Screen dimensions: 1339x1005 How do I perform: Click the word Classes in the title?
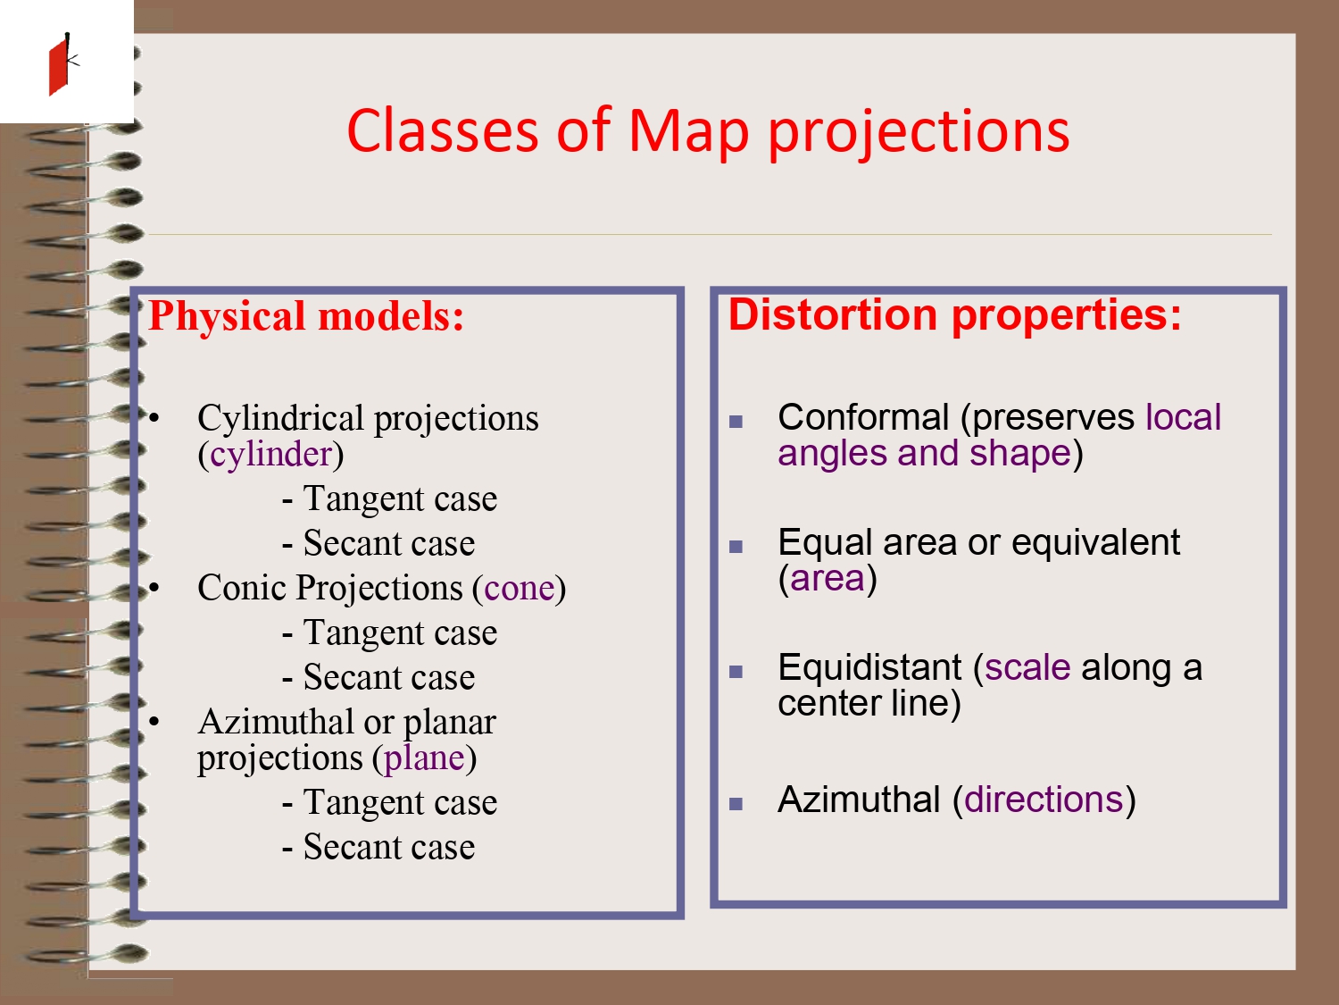tap(443, 130)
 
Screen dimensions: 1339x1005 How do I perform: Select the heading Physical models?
tap(306, 317)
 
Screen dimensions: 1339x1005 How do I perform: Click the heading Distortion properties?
tap(954, 315)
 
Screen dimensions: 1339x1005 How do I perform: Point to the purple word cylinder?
tap(270, 455)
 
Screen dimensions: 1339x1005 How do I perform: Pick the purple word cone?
tap(520, 589)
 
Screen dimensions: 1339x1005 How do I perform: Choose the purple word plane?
tap(424, 758)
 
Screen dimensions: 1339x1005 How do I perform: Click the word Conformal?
tap(863, 417)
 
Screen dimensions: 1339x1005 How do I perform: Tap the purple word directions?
tap(1044, 800)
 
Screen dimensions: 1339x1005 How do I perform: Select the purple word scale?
tap(1027, 667)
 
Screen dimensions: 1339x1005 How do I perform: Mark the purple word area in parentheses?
tap(828, 579)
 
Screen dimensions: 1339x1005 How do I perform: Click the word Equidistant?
tap(869, 667)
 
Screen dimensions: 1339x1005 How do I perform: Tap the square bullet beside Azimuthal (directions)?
tap(736, 804)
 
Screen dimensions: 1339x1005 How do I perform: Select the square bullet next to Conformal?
tap(736, 421)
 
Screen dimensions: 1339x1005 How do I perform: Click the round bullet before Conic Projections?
tap(154, 588)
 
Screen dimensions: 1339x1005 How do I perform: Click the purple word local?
tap(1183, 417)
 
